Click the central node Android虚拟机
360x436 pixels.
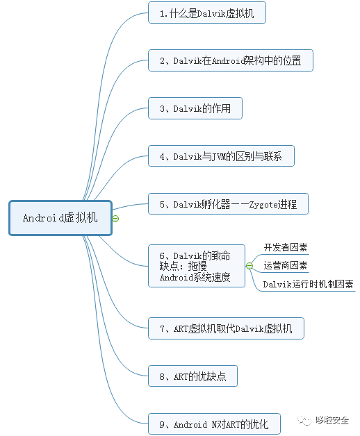click(x=60, y=217)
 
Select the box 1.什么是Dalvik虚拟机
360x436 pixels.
click(x=206, y=12)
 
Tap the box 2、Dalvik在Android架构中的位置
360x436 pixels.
click(x=230, y=60)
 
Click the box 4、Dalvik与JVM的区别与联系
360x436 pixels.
click(x=221, y=156)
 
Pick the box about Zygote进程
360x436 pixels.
click(x=228, y=204)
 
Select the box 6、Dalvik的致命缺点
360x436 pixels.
click(x=196, y=265)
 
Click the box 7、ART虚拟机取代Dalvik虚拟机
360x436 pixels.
click(x=226, y=328)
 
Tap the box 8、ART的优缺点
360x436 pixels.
click(x=193, y=376)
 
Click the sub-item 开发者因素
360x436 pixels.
click(x=286, y=247)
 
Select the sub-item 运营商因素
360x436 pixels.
click(x=286, y=265)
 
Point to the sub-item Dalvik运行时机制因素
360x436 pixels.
click(x=308, y=283)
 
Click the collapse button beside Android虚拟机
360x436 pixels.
click(x=115, y=218)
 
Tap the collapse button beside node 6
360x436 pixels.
click(x=249, y=266)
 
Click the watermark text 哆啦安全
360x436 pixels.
click(x=332, y=420)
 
